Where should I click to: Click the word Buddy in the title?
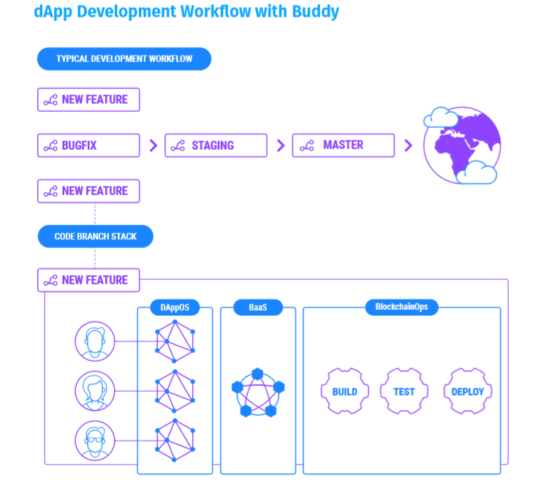point(315,12)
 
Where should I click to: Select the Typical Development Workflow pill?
point(124,59)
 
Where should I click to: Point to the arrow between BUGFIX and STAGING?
point(154,145)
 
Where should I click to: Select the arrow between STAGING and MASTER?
point(281,145)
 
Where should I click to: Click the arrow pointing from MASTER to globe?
point(408,145)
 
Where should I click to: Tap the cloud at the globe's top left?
point(441,118)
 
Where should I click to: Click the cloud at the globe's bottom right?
point(477,173)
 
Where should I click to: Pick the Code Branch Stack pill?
point(96,236)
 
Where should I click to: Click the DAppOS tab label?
point(175,308)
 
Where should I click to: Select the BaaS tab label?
point(258,308)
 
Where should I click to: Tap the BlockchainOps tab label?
point(401,307)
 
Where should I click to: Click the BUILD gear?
point(344,391)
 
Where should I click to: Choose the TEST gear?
point(404,391)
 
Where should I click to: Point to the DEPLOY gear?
point(467,391)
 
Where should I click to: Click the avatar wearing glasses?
point(95,441)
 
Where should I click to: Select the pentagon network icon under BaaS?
point(258,393)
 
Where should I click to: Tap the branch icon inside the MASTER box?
point(307,145)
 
